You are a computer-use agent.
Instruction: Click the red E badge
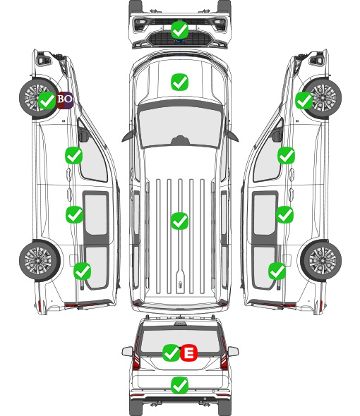click(188, 353)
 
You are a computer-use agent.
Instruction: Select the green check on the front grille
click(180, 30)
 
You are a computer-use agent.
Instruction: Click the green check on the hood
click(179, 82)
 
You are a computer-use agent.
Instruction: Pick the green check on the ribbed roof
click(179, 221)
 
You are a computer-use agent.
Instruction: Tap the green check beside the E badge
click(171, 353)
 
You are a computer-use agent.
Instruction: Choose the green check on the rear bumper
click(180, 385)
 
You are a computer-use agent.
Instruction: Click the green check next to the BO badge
click(47, 100)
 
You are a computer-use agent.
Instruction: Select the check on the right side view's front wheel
click(304, 100)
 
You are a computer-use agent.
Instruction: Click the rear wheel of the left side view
click(40, 261)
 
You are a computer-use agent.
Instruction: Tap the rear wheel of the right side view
click(321, 260)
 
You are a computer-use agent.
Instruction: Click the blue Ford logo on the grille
click(180, 41)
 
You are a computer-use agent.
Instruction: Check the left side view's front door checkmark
click(74, 155)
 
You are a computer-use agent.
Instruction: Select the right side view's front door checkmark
click(286, 155)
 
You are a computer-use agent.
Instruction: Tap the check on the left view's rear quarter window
click(83, 271)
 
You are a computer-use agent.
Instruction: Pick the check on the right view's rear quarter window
click(277, 271)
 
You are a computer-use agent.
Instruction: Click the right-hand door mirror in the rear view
click(233, 352)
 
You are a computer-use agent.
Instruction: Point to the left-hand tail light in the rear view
click(136, 356)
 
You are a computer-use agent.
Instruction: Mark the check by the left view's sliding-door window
click(74, 214)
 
